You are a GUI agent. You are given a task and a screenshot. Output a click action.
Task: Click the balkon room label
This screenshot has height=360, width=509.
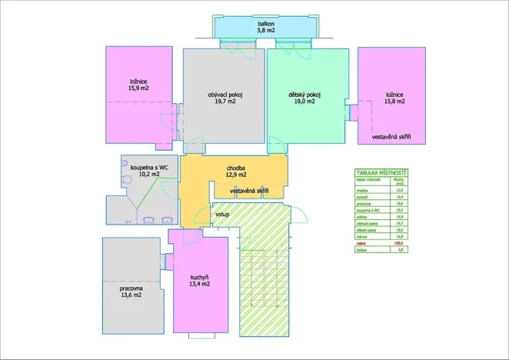pyautogui.click(x=266, y=25)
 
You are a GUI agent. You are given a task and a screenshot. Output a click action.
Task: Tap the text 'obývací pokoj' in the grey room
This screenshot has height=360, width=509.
pyautogui.click(x=225, y=95)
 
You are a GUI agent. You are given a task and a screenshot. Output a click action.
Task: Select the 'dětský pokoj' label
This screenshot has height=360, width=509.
pyautogui.click(x=304, y=95)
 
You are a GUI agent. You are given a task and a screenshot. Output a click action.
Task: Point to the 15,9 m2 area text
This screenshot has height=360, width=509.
pyautogui.click(x=138, y=88)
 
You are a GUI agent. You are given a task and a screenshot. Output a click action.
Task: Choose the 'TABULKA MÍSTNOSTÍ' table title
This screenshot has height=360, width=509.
pyautogui.click(x=381, y=172)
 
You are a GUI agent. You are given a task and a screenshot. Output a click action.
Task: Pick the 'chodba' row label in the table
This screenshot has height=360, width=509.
pyautogui.click(x=361, y=188)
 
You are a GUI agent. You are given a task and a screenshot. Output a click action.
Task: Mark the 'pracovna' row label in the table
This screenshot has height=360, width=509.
pyautogui.click(x=362, y=202)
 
